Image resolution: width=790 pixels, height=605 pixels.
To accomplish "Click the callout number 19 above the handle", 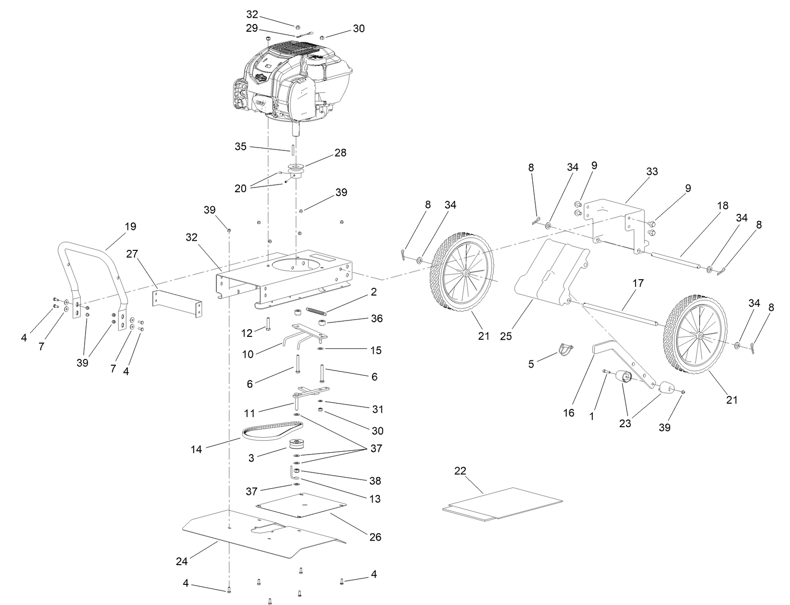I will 130,226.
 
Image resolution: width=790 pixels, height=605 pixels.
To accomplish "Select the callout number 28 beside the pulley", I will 340,153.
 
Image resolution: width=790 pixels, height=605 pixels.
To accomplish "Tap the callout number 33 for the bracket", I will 652,172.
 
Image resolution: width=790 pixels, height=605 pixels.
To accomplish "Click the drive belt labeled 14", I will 272,430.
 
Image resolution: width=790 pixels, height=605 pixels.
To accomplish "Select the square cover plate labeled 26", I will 301,505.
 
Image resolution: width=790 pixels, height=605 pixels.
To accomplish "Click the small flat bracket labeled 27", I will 177,304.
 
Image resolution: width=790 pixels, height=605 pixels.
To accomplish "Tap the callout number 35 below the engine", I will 241,146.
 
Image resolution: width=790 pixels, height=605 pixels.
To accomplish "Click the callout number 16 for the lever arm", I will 569,413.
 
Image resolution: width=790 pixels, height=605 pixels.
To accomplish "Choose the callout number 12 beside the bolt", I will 247,333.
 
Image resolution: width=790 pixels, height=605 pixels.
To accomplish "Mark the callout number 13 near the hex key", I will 375,499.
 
